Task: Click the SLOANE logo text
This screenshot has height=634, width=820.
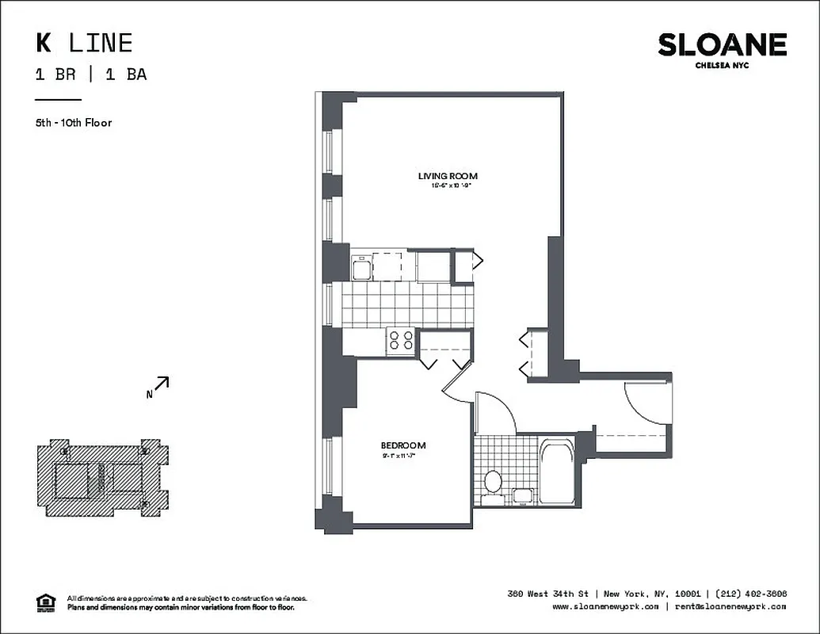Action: (x=722, y=45)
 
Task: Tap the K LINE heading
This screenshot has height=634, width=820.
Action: (x=83, y=42)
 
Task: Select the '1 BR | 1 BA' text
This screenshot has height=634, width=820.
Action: (x=90, y=75)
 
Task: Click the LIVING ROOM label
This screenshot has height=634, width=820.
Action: (x=448, y=176)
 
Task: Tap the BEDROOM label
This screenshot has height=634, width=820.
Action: (x=403, y=445)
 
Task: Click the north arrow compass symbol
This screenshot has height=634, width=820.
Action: (x=161, y=385)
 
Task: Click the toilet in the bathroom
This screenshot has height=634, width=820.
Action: (x=493, y=480)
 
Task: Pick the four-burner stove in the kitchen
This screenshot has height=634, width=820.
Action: (x=402, y=341)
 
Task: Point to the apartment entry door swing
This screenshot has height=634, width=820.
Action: (x=646, y=405)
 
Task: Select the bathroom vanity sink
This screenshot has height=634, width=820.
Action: (x=523, y=496)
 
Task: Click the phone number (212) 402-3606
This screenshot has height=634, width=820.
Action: (x=749, y=594)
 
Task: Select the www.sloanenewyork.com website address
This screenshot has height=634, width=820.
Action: (x=605, y=607)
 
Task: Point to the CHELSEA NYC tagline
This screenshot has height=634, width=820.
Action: (x=722, y=66)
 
